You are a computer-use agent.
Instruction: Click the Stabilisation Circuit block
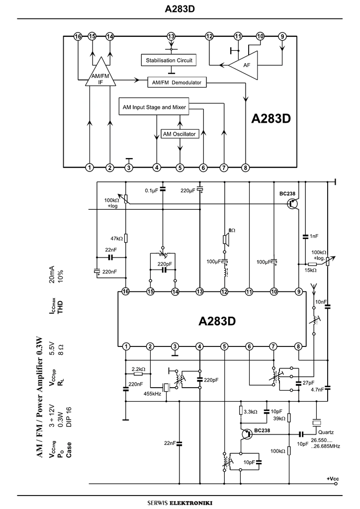click(169, 61)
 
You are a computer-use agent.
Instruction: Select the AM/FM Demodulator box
click(177, 83)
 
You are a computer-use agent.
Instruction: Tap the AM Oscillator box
click(180, 134)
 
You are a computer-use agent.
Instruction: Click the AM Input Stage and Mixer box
click(155, 107)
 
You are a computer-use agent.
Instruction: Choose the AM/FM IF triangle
click(101, 77)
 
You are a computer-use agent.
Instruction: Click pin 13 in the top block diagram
click(171, 36)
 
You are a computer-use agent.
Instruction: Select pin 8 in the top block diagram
click(245, 168)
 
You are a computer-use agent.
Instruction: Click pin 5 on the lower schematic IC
click(225, 346)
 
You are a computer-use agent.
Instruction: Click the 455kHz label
click(152, 394)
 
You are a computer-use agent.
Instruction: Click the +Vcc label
click(333, 479)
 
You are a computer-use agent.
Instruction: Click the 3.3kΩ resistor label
click(250, 412)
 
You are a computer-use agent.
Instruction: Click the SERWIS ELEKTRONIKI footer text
click(180, 503)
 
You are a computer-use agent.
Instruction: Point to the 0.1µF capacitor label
click(151, 190)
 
